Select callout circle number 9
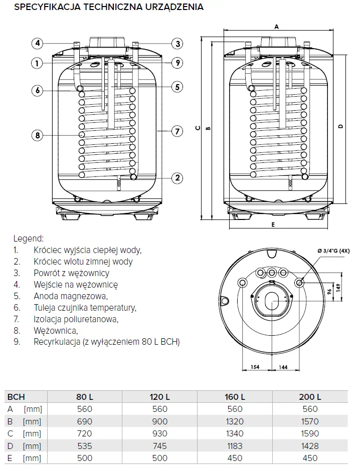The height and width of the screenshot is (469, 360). [176, 63]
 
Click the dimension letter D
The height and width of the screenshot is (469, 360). [340, 127]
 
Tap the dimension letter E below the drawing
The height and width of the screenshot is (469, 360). [273, 225]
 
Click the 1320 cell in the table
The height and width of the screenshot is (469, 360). [235, 421]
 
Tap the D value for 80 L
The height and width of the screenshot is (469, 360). [85, 446]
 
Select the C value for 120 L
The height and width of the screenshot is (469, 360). [160, 433]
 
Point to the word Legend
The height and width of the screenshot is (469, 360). [29, 238]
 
